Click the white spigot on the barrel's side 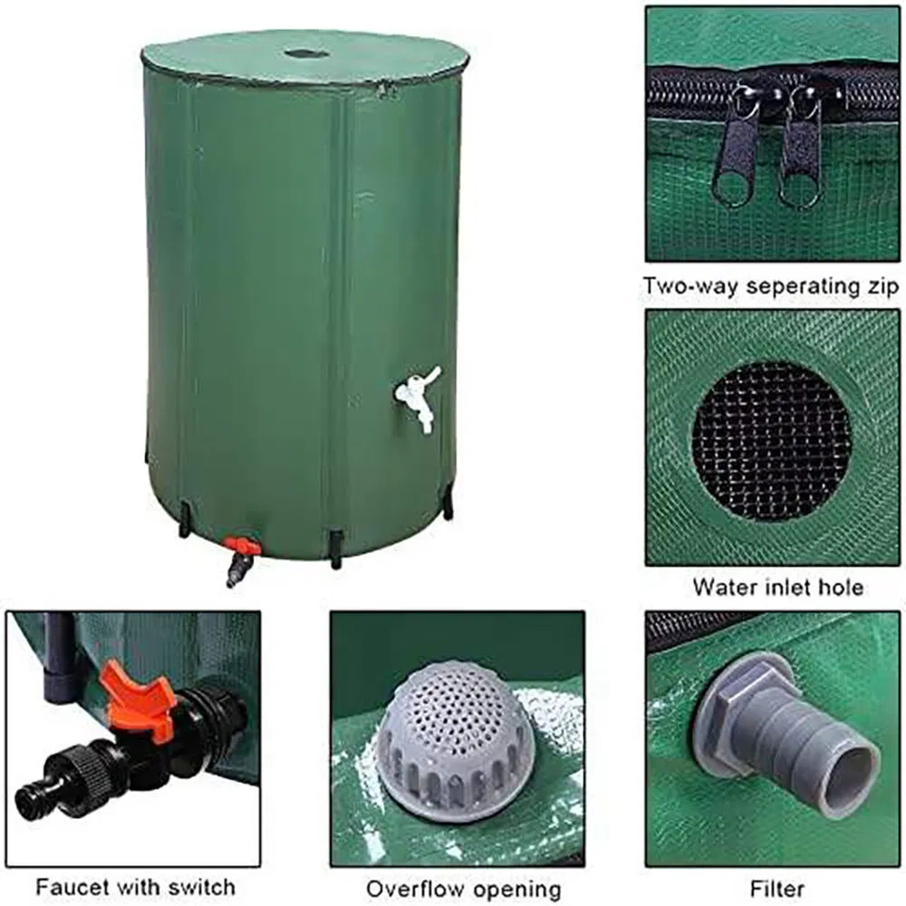(417, 398)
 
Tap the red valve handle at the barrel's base (241, 545)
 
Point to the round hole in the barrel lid (306, 54)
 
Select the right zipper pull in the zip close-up (801, 149)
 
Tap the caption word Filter (777, 888)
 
